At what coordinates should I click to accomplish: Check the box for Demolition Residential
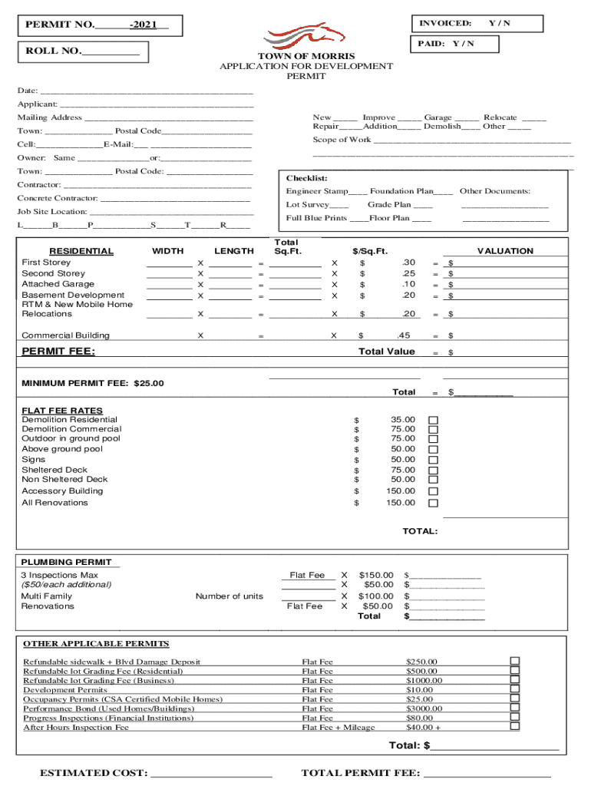pyautogui.click(x=433, y=420)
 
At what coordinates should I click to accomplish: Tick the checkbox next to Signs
pyautogui.click(x=433, y=460)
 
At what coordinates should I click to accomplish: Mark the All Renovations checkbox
pyautogui.click(x=433, y=504)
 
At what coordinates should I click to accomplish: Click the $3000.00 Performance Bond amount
pyautogui.click(x=424, y=708)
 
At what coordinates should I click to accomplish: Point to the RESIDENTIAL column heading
pyautogui.click(x=81, y=251)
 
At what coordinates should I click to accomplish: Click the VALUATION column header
pyautogui.click(x=505, y=251)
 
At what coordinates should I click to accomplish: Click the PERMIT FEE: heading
pyautogui.click(x=58, y=352)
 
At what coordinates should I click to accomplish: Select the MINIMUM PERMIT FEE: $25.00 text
pyautogui.click(x=93, y=383)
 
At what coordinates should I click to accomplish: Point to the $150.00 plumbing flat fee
pyautogui.click(x=376, y=576)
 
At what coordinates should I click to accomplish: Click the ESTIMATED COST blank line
pyautogui.click(x=212, y=773)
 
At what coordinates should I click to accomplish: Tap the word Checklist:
pyautogui.click(x=307, y=178)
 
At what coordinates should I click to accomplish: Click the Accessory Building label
pyautogui.click(x=62, y=491)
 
